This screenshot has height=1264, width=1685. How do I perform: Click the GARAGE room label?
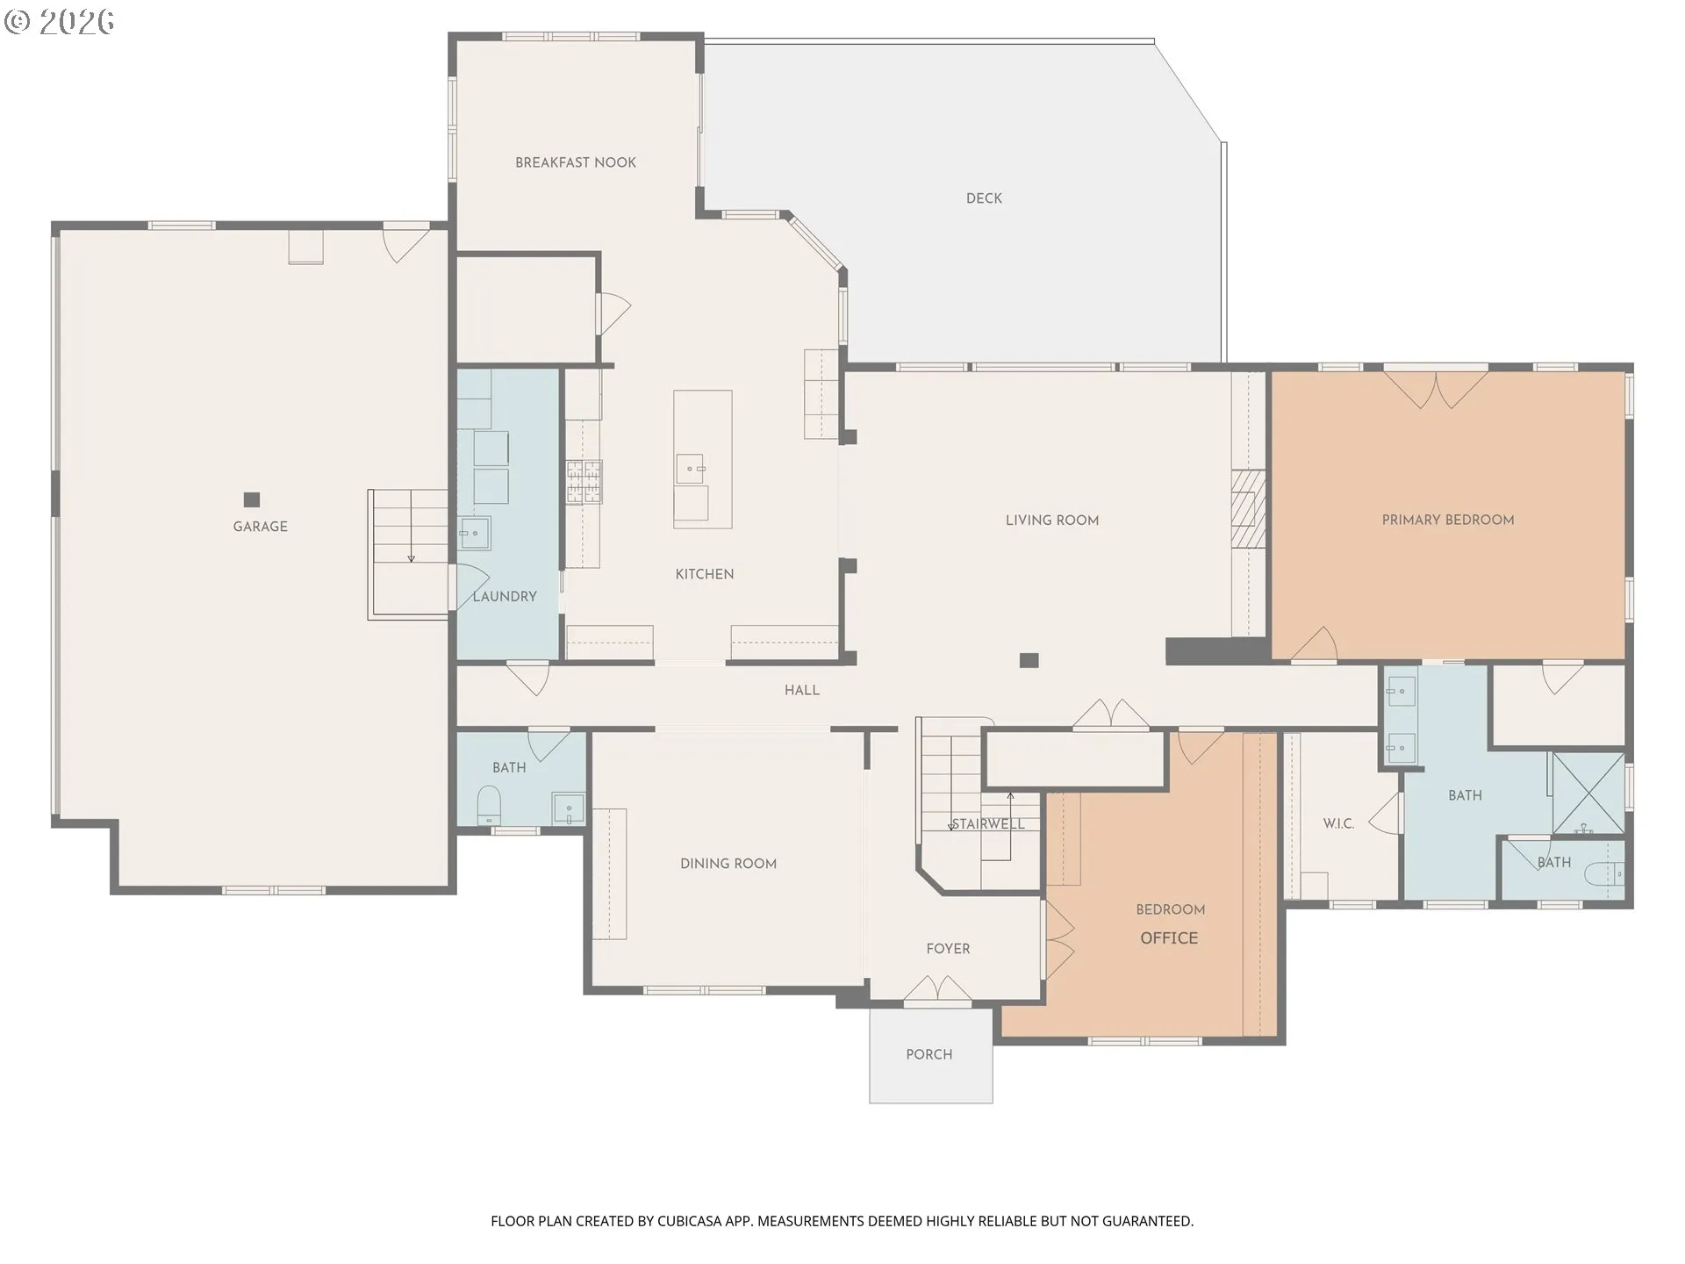260,527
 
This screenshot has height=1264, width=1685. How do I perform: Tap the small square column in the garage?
252,500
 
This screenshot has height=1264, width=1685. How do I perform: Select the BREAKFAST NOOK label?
576,162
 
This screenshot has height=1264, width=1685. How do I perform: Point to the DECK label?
984,198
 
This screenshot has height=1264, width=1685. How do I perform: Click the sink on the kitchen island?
691,469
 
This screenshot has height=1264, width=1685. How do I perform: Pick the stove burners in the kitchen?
584,482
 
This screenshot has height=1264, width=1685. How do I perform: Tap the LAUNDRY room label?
505,597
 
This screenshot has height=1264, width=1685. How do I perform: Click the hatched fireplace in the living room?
1248,509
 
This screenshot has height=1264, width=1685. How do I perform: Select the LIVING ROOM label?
1052,521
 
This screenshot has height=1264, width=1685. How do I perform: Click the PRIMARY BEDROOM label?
1448,520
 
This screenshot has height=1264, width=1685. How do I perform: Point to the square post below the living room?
1029,660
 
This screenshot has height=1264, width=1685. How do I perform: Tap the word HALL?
802,691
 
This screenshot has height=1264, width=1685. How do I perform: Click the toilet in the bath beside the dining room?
489,805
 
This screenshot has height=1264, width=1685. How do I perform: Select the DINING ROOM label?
728,864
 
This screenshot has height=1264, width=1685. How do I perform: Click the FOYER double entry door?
938,987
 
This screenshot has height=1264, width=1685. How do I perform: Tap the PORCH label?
929,1054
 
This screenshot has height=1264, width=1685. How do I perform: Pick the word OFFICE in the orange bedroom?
1169,938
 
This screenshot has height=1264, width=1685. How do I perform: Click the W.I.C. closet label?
1338,824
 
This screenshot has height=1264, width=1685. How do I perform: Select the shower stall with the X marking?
1588,793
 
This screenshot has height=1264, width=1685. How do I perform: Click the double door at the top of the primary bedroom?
1436,388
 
